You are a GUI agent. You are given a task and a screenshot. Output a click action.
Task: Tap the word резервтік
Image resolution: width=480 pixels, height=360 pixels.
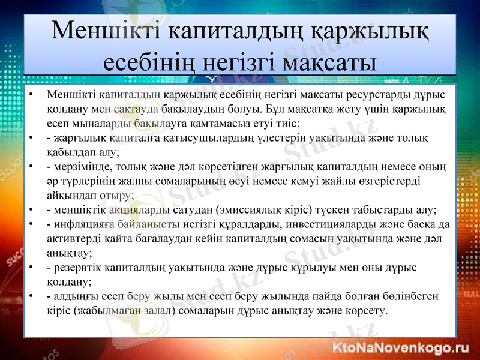point(77,268)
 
